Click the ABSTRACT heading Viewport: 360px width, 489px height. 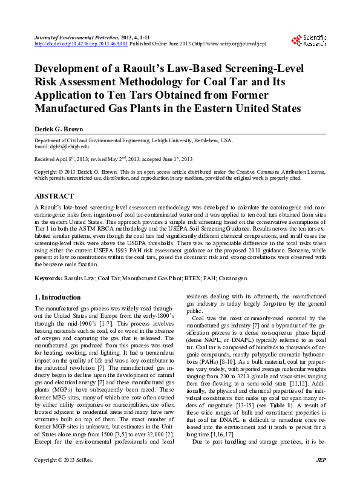(x=54, y=197)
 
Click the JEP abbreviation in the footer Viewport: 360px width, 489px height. (x=321, y=478)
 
